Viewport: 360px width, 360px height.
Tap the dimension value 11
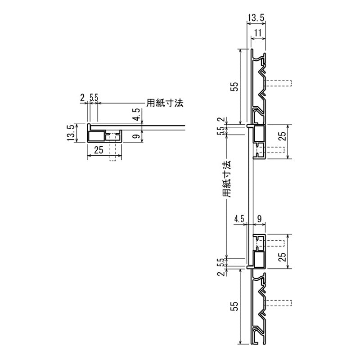pyautogui.click(x=258, y=32)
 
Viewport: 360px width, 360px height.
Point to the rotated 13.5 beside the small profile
pyautogui.click(x=70, y=133)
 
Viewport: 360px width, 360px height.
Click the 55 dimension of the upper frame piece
pyautogui.click(x=234, y=86)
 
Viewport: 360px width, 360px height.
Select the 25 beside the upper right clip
pyautogui.click(x=282, y=137)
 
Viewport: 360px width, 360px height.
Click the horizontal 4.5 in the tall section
pyautogui.click(x=239, y=220)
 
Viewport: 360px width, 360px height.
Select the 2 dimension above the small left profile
pyautogui.click(x=82, y=97)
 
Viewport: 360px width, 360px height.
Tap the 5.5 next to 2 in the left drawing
pyautogui.click(x=94, y=97)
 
